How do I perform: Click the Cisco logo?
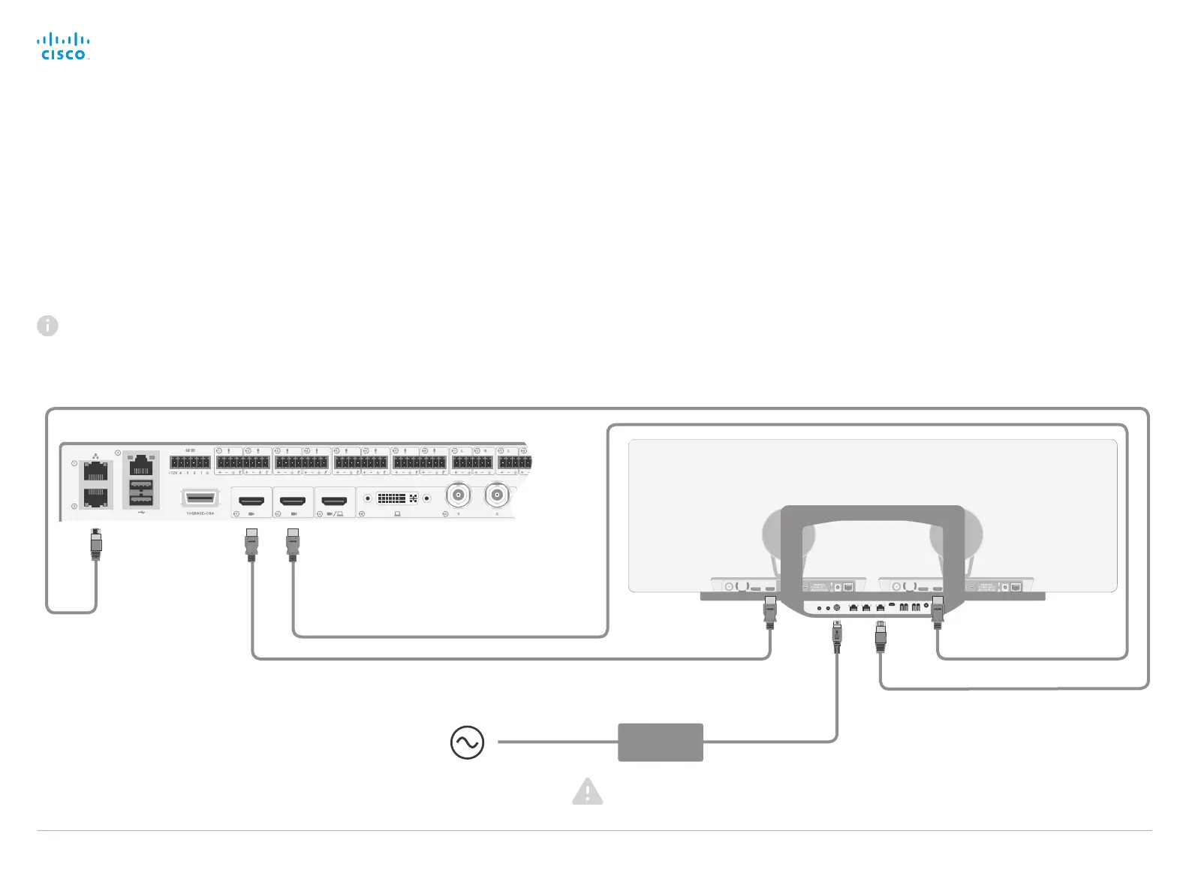[64, 47]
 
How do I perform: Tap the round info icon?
[47, 326]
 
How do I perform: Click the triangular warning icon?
[587, 792]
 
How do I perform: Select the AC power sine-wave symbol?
[467, 742]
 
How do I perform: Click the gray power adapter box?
[660, 742]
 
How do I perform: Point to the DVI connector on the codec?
[397, 498]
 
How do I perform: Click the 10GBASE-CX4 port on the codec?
[200, 498]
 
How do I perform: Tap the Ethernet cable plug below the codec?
[95, 544]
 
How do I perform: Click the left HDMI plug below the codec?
[251, 545]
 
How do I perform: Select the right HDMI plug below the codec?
[293, 545]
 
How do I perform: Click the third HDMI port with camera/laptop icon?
[334, 500]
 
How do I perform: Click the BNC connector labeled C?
[496, 495]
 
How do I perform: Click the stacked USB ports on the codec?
[141, 492]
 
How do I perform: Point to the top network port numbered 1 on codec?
[95, 472]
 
